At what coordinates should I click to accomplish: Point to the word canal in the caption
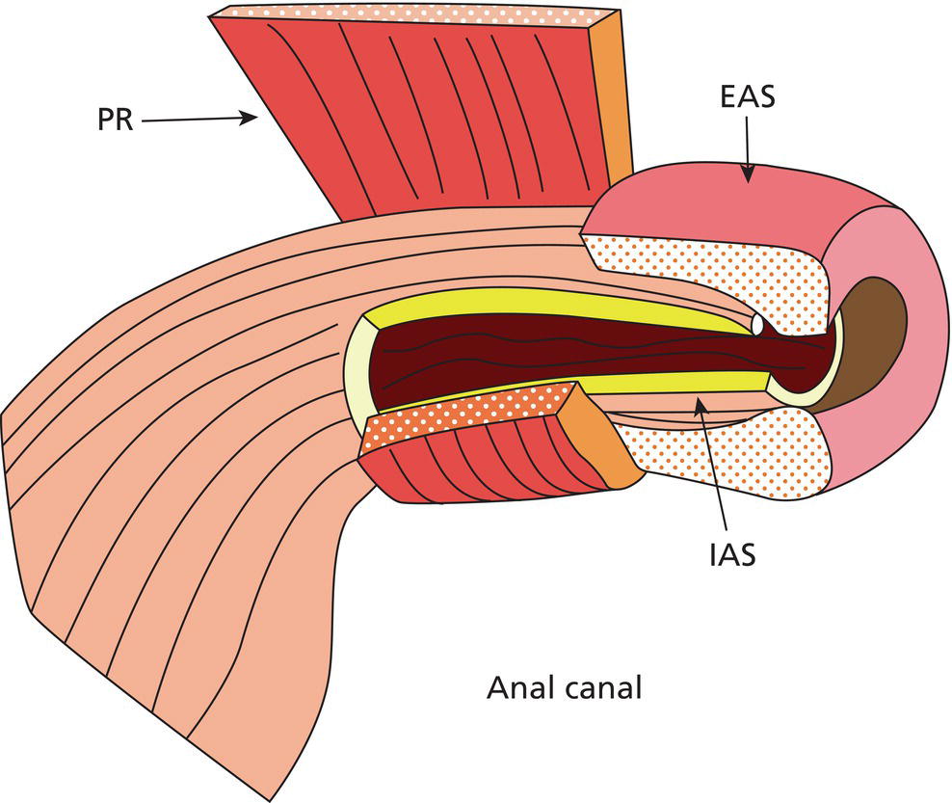click(x=603, y=689)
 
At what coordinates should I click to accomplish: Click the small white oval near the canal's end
click(x=760, y=326)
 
